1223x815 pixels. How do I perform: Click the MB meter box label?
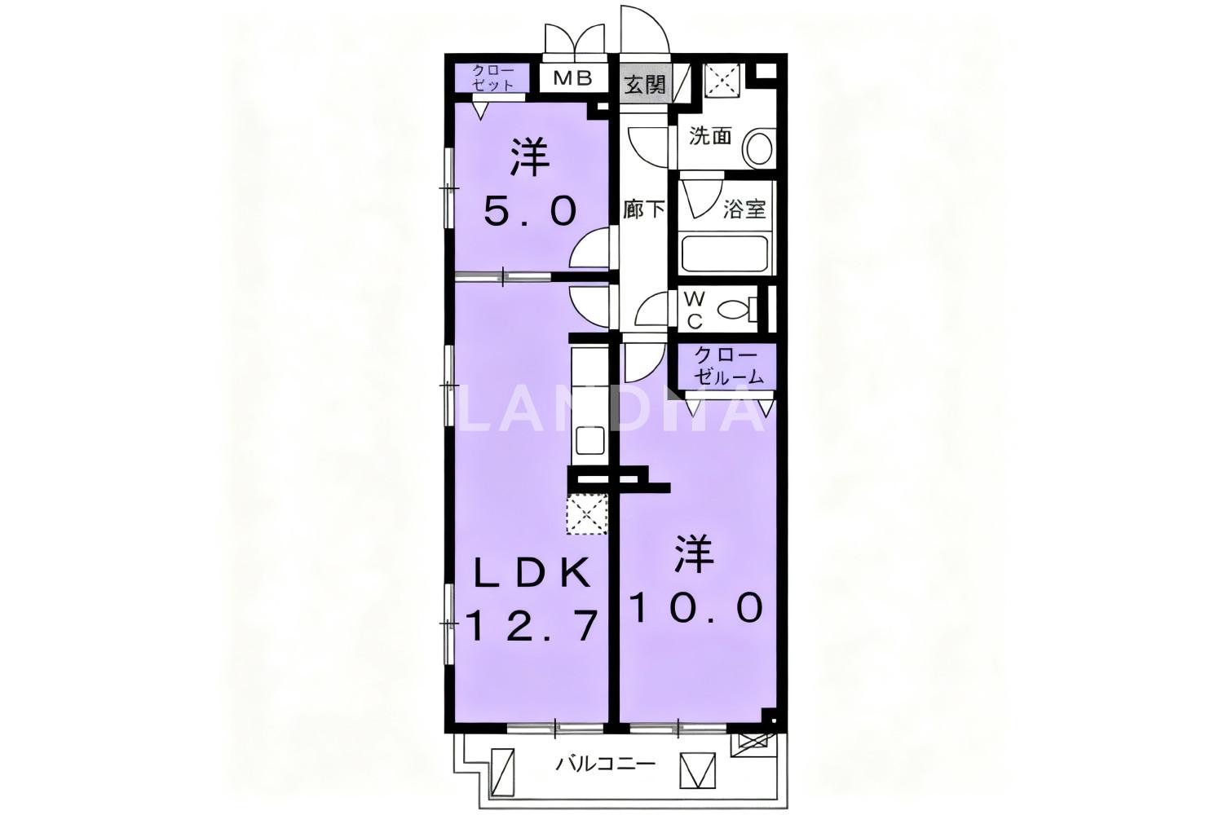pyautogui.click(x=572, y=78)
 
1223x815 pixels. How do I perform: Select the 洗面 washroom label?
pyautogui.click(x=710, y=135)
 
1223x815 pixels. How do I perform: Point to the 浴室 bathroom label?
pyautogui.click(x=744, y=209)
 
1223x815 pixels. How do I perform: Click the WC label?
pyautogui.click(x=694, y=311)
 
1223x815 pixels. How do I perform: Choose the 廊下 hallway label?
pyautogui.click(x=644, y=209)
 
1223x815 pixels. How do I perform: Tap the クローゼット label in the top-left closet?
pyautogui.click(x=493, y=78)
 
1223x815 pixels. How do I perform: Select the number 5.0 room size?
pyautogui.click(x=530, y=212)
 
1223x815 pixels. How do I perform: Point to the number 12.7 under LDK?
pyautogui.click(x=531, y=626)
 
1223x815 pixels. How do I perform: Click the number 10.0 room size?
pyautogui.click(x=697, y=609)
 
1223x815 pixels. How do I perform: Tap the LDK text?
pyautogui.click(x=532, y=573)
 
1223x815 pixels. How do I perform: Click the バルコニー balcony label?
pyautogui.click(x=606, y=763)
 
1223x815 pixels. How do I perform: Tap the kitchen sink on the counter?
pyautogui.click(x=590, y=440)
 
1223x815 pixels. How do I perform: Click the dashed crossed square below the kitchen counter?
pyautogui.click(x=587, y=514)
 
